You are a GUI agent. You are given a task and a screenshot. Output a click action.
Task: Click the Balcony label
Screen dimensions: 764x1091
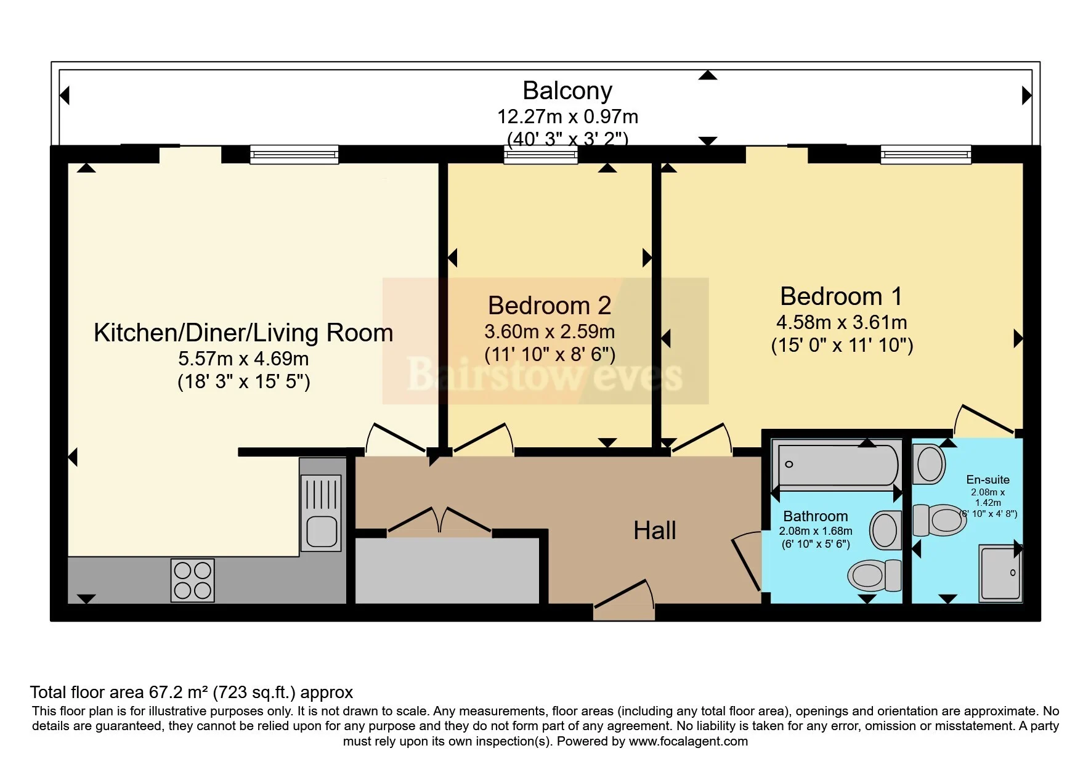tap(567, 91)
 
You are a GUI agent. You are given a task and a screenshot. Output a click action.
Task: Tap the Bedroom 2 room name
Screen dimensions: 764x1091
tap(549, 306)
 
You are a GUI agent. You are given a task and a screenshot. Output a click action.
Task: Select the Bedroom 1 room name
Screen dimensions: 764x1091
tap(841, 296)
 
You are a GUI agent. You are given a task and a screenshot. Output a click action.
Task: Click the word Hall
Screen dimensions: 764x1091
tap(654, 530)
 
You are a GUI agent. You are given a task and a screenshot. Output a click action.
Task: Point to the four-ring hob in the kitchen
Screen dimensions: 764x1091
tap(192, 580)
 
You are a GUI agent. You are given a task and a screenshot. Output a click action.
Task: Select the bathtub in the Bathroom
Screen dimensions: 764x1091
tap(837, 465)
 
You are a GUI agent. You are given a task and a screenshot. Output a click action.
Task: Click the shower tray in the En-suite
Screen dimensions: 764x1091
tap(1000, 573)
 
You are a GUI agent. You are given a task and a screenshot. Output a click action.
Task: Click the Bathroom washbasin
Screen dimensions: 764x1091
tap(885, 530)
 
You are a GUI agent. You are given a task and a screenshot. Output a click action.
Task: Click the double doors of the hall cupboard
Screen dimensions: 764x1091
tap(439, 520)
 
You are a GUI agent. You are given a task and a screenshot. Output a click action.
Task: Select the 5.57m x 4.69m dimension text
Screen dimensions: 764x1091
tap(243, 359)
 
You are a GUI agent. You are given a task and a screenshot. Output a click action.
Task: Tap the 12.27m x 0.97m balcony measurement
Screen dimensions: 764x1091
tap(567, 116)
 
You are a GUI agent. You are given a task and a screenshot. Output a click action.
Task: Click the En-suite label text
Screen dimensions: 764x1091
tap(988, 479)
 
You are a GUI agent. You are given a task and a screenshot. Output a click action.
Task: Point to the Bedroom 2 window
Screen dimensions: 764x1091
tap(540, 154)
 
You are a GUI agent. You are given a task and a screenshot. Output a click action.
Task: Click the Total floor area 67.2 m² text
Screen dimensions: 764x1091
tap(191, 693)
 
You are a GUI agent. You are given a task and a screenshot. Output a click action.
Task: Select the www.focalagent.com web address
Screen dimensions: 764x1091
tap(688, 741)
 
